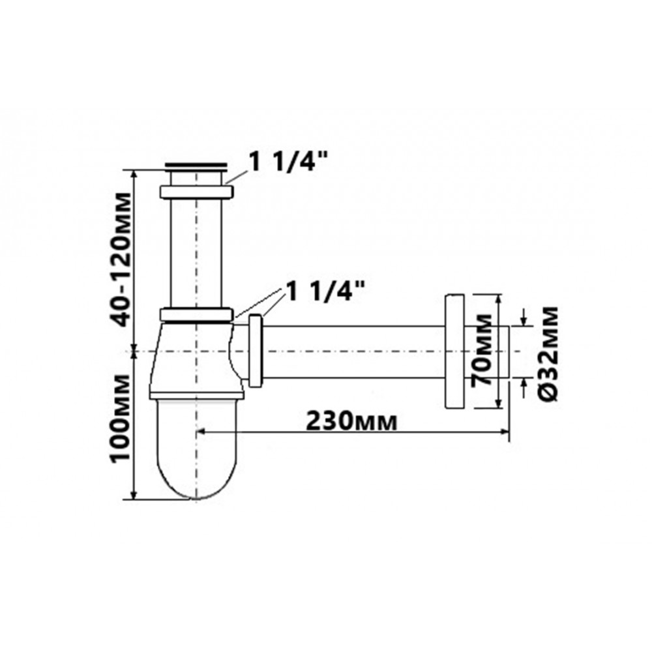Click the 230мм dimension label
[351, 422]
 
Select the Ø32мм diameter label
[548, 353]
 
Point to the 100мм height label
[120, 417]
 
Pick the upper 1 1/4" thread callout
[286, 161]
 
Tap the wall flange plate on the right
[454, 351]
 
